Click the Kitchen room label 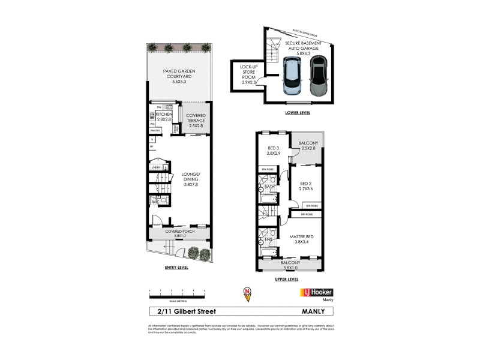click(x=164, y=116)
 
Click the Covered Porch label click(x=179, y=233)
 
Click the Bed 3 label click(x=274, y=151)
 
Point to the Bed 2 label click(x=306, y=186)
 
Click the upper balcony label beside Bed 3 click(x=308, y=145)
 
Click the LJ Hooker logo click(x=316, y=292)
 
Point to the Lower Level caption click(x=298, y=112)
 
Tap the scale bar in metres click(x=177, y=293)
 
